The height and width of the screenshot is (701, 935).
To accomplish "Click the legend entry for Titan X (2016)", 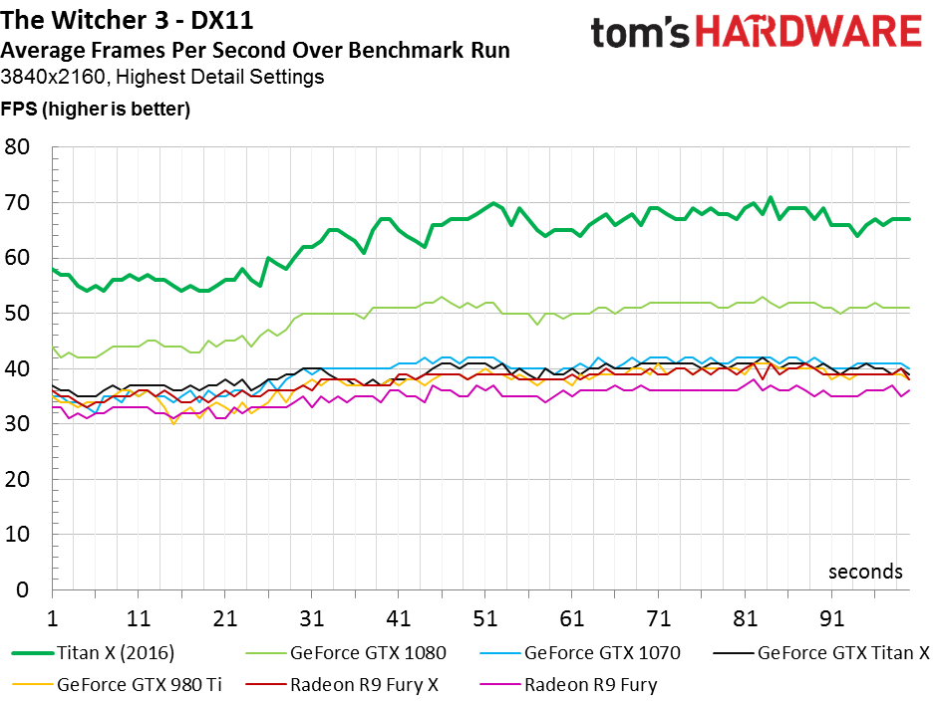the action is (93, 653).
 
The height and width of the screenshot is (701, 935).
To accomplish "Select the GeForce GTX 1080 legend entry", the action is (346, 653).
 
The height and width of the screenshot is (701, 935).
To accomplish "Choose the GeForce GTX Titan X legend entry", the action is (821, 653).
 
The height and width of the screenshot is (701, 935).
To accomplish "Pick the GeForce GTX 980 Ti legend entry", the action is (117, 685).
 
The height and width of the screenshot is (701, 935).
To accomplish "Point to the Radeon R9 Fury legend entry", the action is (568, 685).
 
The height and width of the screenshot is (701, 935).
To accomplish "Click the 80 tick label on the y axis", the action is (17, 147).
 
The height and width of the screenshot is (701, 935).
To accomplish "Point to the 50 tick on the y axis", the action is (17, 314).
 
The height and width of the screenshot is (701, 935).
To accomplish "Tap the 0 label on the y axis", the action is (23, 589).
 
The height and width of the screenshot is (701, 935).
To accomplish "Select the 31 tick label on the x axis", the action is (311, 618).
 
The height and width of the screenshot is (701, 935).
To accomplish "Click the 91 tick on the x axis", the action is (831, 618).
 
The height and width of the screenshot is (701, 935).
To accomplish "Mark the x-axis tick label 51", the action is (484, 618).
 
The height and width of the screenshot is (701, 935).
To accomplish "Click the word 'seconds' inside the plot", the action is (865, 572).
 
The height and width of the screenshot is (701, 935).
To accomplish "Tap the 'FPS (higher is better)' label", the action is (96, 109).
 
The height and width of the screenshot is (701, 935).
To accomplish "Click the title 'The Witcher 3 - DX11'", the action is (127, 20).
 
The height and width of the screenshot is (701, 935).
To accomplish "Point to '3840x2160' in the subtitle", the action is (53, 77).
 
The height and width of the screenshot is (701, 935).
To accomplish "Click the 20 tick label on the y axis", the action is (17, 479).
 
